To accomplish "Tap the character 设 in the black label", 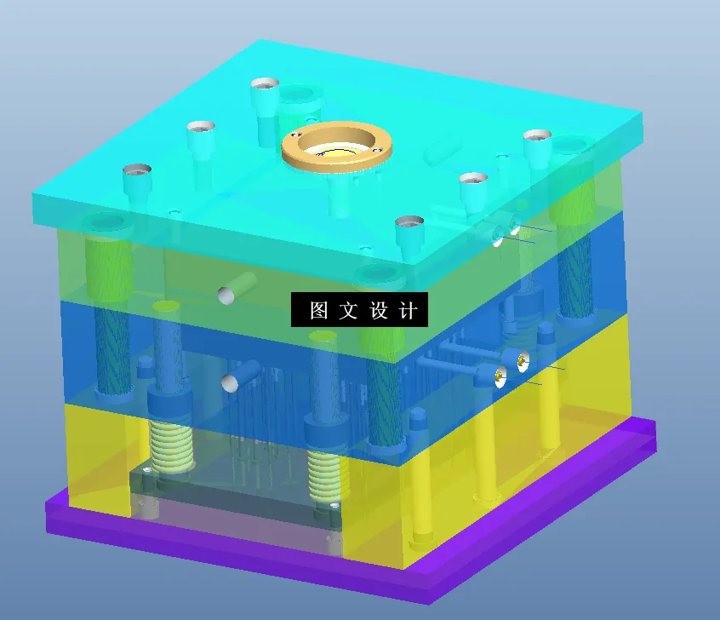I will [x=379, y=311].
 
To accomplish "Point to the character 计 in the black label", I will [x=409, y=311].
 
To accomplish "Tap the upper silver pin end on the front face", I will [x=226, y=295].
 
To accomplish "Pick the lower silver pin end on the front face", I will [x=230, y=384].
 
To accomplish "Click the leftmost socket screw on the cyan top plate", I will [x=136, y=179].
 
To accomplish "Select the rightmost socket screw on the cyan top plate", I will [x=538, y=145].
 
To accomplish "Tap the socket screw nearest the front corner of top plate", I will [x=409, y=230].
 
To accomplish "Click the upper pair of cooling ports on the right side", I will [x=506, y=232].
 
